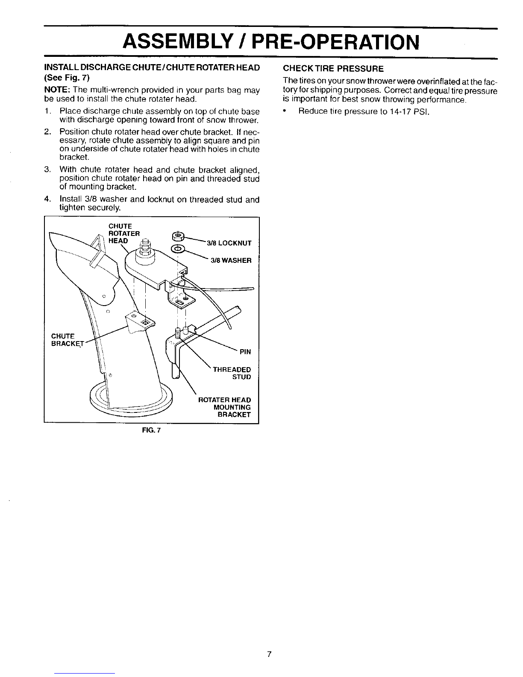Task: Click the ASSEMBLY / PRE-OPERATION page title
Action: [271, 42]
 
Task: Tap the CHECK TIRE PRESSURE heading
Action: [333, 68]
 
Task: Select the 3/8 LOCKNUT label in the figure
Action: [229, 243]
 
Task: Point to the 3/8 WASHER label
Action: [231, 260]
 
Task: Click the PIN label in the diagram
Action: [245, 352]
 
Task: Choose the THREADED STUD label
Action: [232, 373]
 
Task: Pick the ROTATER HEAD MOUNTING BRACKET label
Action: [225, 407]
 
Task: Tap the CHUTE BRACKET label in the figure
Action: [67, 340]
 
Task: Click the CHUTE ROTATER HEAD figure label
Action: [124, 233]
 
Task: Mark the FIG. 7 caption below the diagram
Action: [151, 430]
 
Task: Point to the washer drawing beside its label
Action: [178, 249]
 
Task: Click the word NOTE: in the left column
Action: [57, 90]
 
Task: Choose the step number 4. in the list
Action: [47, 200]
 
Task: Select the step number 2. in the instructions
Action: [47, 132]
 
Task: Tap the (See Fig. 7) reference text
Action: [67, 77]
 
